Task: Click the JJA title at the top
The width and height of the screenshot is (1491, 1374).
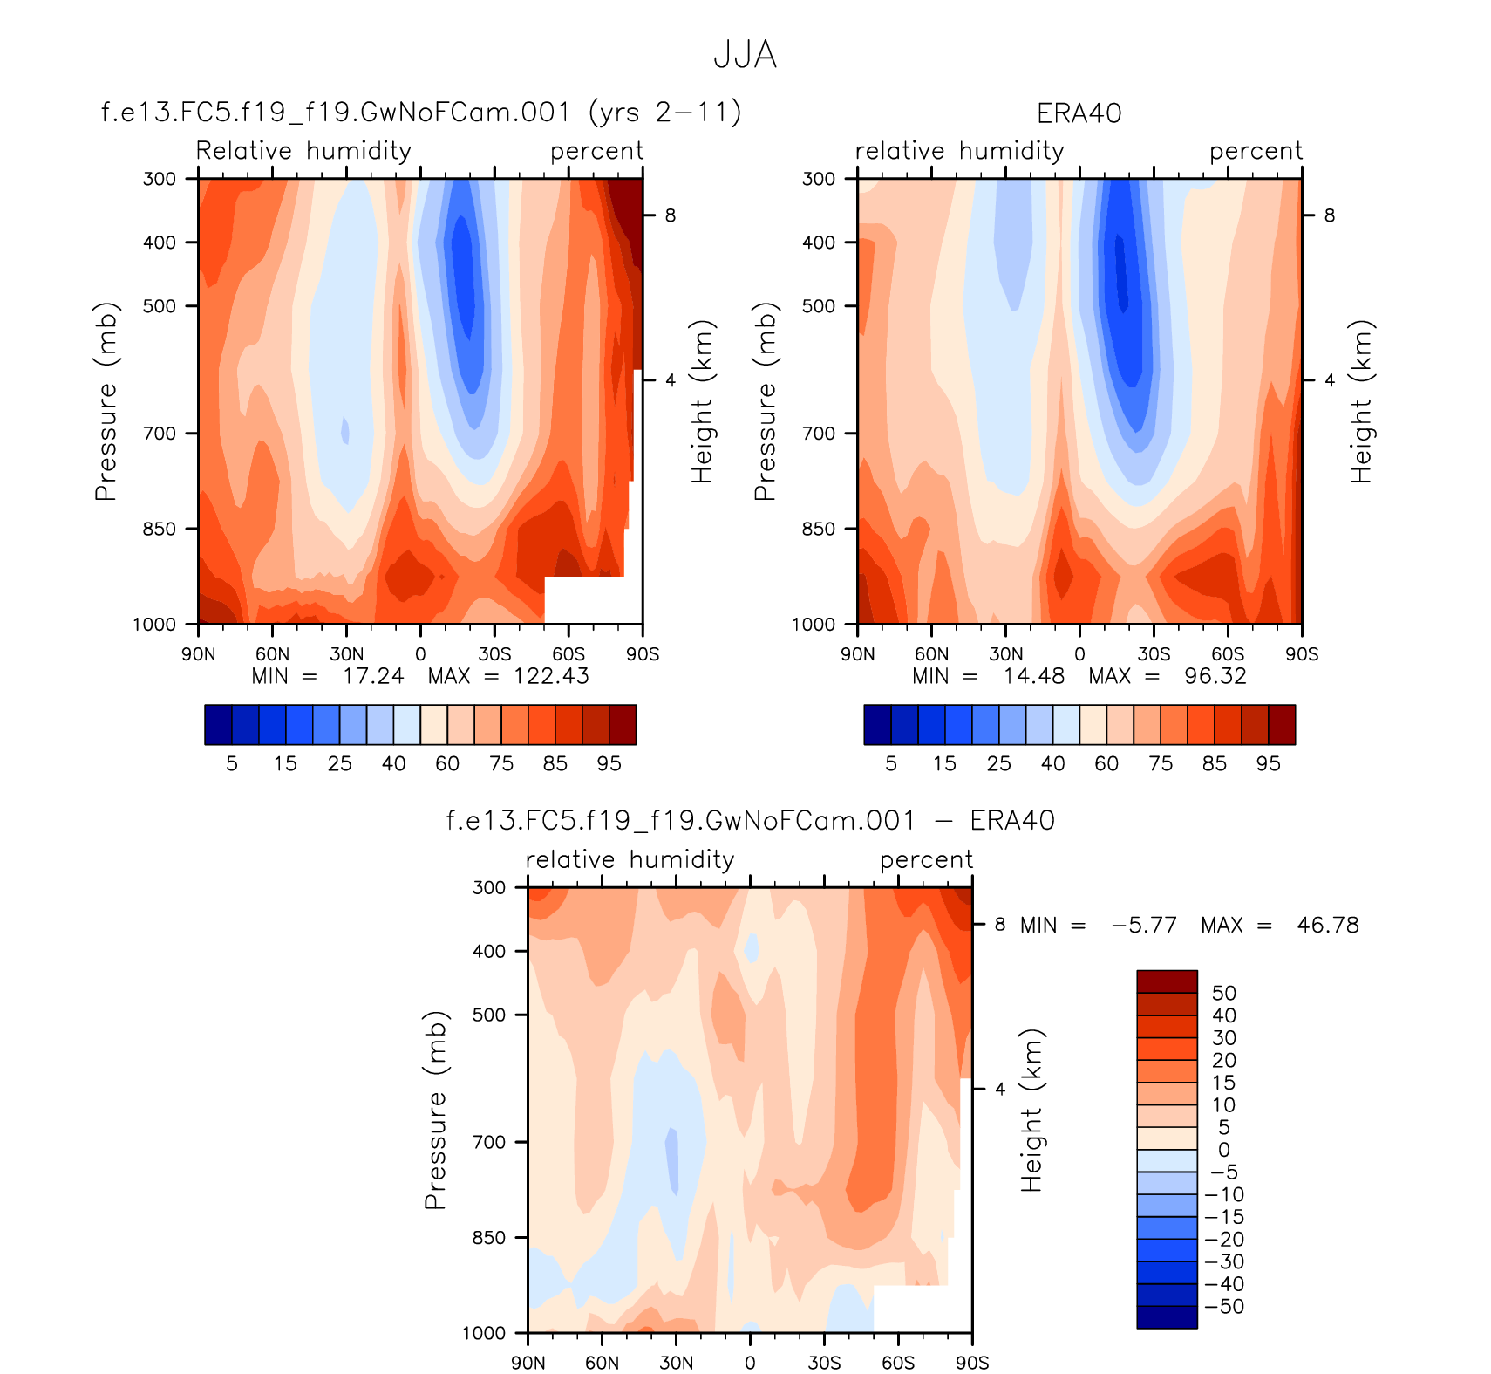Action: coord(745,55)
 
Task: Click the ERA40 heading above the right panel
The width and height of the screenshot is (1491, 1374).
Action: coord(1079,113)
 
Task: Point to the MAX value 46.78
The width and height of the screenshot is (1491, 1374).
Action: coord(1327,925)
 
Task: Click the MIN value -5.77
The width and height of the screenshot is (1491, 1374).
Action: coord(1144,925)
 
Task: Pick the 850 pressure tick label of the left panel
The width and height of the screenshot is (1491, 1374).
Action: coord(159,529)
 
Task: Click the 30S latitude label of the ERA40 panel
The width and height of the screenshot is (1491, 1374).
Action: coord(1154,654)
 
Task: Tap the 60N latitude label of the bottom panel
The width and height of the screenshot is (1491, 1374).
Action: coord(602,1363)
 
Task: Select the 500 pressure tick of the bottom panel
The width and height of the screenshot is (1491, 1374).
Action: coord(488,1015)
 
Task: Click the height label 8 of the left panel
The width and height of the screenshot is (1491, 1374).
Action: coord(670,215)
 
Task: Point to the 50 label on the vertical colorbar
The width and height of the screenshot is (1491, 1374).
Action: coord(1223,993)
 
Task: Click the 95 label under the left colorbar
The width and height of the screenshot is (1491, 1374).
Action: coord(609,764)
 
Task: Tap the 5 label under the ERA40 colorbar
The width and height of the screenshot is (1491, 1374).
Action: coord(891,764)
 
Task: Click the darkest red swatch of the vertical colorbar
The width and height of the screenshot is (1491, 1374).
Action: coord(1167,981)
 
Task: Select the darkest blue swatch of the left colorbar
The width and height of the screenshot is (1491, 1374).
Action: coord(218,725)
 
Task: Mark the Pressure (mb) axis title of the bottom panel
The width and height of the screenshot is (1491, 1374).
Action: coord(435,1110)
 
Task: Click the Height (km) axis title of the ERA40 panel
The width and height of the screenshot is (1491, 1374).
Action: coord(1361,401)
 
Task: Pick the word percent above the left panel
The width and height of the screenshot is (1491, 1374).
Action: coord(596,151)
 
